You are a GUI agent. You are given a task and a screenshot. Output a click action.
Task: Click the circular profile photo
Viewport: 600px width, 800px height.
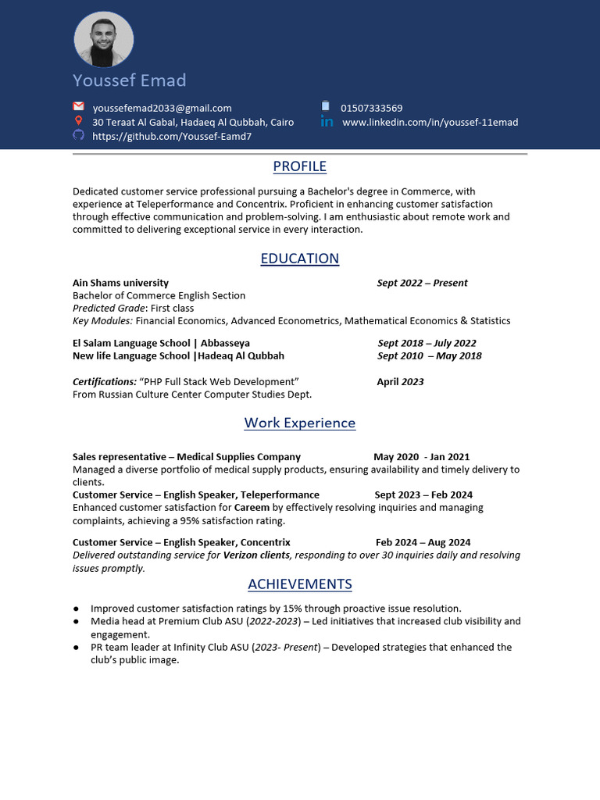point(104,39)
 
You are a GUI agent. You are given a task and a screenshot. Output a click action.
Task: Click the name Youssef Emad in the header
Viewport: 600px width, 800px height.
point(130,80)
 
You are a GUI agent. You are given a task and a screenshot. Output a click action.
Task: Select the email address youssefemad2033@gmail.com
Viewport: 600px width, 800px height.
point(162,108)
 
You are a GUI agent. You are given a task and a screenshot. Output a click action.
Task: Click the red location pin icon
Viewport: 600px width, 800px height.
point(78,121)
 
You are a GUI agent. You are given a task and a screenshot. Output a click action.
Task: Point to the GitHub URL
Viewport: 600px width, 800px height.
point(172,136)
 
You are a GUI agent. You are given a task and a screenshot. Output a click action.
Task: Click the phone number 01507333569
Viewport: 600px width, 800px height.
point(371,108)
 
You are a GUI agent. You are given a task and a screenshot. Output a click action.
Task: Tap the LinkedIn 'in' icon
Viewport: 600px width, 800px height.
point(327,122)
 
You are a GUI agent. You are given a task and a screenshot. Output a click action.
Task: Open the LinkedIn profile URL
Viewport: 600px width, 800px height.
point(430,122)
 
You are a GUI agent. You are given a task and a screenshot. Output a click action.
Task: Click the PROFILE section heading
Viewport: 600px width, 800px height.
point(299,166)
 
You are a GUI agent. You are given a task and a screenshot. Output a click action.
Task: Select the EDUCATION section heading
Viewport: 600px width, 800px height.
point(299,259)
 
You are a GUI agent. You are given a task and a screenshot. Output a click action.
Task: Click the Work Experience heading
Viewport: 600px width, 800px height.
point(299,423)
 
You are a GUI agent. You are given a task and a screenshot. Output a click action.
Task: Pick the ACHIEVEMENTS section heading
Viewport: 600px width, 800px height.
point(299,584)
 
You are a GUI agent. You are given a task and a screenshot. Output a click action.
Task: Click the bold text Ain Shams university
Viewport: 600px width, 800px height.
point(120,283)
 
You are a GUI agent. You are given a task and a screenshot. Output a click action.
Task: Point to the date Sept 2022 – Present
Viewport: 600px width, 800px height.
point(422,283)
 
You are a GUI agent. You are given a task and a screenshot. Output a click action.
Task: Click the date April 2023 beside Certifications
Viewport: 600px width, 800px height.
point(400,382)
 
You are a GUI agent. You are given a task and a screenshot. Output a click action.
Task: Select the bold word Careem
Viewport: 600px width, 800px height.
point(252,508)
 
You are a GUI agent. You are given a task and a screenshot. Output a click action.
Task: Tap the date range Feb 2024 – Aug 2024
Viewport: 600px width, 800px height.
point(423,542)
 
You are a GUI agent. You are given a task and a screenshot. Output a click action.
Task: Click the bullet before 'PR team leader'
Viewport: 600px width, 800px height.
point(76,647)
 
